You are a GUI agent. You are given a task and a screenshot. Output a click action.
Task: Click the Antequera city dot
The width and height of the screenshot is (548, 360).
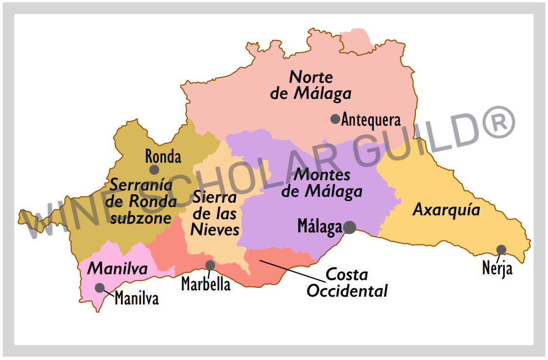click(335, 119)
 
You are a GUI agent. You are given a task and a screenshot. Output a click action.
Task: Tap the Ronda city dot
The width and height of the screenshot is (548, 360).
click(154, 170)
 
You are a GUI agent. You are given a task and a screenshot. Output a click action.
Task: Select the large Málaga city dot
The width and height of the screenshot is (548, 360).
click(349, 227)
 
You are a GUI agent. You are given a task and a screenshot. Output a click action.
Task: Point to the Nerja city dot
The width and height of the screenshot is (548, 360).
click(501, 250)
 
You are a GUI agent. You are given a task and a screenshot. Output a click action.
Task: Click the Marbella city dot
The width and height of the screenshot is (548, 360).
click(210, 265)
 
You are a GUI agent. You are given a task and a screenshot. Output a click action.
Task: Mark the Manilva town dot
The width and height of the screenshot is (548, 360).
click(100, 287)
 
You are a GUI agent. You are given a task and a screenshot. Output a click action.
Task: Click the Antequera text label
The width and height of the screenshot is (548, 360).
click(371, 119)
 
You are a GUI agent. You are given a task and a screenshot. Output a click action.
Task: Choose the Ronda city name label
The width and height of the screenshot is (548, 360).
click(163, 157)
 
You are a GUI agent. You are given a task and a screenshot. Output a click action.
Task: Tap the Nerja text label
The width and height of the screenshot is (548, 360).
click(497, 268)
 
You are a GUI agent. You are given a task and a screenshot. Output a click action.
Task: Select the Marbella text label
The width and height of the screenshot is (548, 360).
click(206, 284)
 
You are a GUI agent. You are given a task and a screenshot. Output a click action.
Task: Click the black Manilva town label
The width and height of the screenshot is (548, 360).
click(137, 299)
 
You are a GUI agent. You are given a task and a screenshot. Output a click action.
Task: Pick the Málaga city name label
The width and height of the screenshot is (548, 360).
click(319, 227)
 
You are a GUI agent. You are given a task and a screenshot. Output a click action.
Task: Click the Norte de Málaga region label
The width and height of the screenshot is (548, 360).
click(311, 85)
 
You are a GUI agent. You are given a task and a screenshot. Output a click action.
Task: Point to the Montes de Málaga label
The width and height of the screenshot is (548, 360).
click(322, 183)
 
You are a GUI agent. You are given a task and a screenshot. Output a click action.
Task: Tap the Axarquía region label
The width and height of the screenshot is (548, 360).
click(446, 210)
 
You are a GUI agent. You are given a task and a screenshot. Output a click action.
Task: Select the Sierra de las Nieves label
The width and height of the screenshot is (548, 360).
click(215, 213)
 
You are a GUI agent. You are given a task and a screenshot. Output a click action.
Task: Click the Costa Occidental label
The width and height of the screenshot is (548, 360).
click(347, 283)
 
